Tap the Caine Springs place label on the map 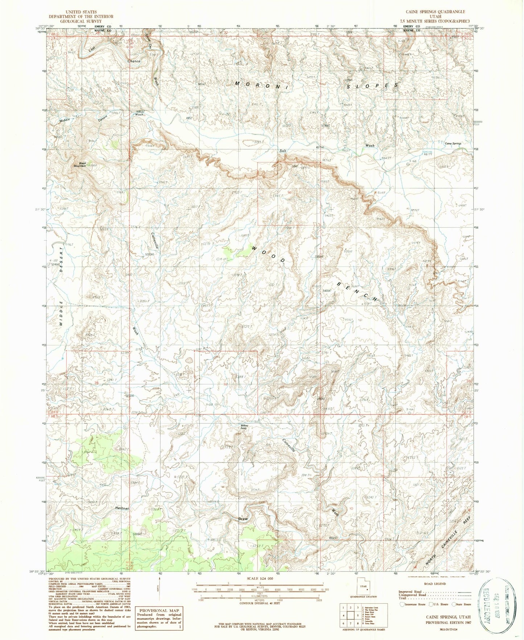point(453,144)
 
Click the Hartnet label point(122,508)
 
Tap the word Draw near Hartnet point(243,519)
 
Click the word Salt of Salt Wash point(282,151)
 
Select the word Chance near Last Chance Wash point(134,61)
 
